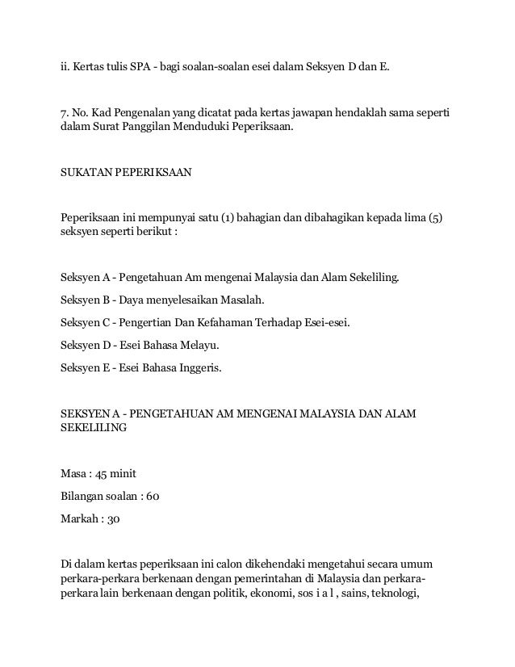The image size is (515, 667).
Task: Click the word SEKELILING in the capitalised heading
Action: pos(94,430)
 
